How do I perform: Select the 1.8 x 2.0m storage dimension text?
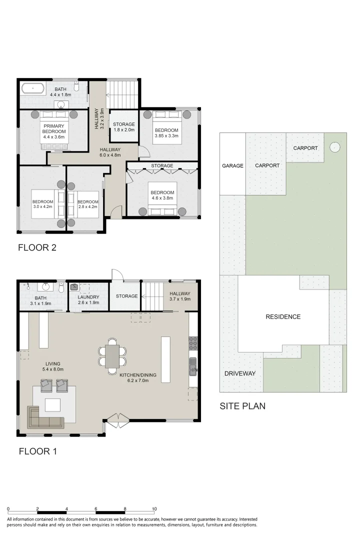click(x=124, y=130)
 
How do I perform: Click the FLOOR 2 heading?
click(x=37, y=247)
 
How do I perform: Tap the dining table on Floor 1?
click(x=112, y=356)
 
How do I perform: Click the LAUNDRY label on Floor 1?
click(x=88, y=297)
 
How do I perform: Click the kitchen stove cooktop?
click(x=193, y=343)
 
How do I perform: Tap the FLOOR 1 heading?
click(x=37, y=452)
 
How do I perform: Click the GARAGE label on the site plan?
click(x=232, y=165)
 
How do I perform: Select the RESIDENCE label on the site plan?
click(x=283, y=316)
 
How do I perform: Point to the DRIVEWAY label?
click(x=240, y=373)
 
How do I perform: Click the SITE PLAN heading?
click(x=242, y=406)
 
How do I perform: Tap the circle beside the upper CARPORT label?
click(x=334, y=147)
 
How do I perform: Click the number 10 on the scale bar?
click(x=154, y=509)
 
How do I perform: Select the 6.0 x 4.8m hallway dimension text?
click(x=110, y=155)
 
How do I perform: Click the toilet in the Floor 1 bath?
click(x=61, y=288)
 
